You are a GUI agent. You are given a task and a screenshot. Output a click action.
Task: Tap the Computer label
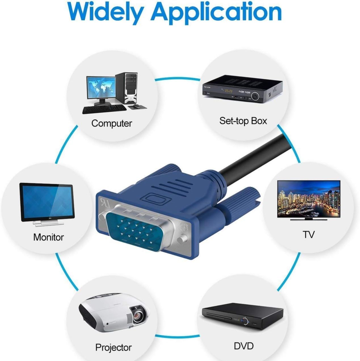pos(111,124)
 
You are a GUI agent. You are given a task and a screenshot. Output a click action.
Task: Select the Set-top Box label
pos(243,121)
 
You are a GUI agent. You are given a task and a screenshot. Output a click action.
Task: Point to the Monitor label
pos(49,237)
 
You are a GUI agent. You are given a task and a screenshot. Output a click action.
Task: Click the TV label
pos(308,234)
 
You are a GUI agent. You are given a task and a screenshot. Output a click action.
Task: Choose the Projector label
pos(113,342)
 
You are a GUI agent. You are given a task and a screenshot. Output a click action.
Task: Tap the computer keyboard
pos(104,109)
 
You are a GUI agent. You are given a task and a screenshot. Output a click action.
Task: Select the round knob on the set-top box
pos(255,96)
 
